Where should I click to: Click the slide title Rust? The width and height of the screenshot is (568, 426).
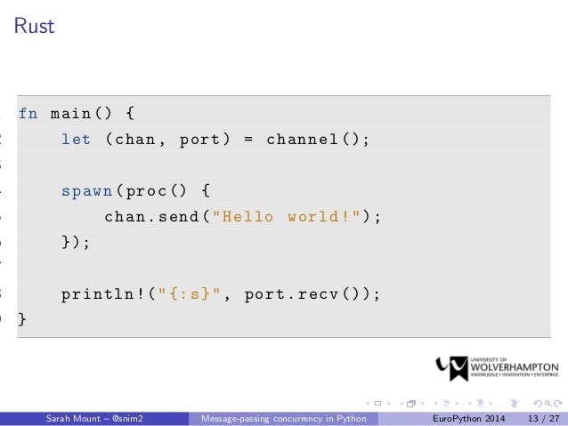pyautogui.click(x=34, y=27)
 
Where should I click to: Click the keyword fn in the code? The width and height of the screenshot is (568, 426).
pyautogui.click(x=28, y=114)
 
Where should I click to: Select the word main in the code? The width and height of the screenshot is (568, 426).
pyautogui.click(x=72, y=114)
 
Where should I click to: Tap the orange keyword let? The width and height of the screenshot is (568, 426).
pyautogui.click(x=77, y=140)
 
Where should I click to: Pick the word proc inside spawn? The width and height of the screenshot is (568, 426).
pyautogui.click(x=147, y=191)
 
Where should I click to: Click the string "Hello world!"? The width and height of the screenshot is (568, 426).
pyautogui.click(x=288, y=217)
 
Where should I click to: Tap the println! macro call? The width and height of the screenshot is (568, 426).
pyautogui.click(x=99, y=294)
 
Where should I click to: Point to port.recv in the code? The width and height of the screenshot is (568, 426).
pyautogui.click(x=294, y=294)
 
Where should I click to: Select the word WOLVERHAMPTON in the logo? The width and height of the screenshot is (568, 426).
pyautogui.click(x=514, y=366)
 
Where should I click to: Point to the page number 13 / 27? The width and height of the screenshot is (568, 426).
pyautogui.click(x=542, y=418)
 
